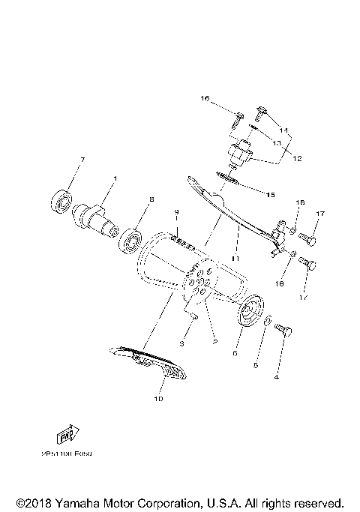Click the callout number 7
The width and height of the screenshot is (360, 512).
coord(82,160)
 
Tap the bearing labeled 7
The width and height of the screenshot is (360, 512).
coord(60,202)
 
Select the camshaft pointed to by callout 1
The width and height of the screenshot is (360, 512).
coord(93,219)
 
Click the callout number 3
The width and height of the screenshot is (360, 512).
coord(181,344)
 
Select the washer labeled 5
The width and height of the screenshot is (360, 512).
coord(268,322)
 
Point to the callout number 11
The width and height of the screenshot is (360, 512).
coord(235,259)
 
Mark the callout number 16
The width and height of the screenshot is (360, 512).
coord(203,98)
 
